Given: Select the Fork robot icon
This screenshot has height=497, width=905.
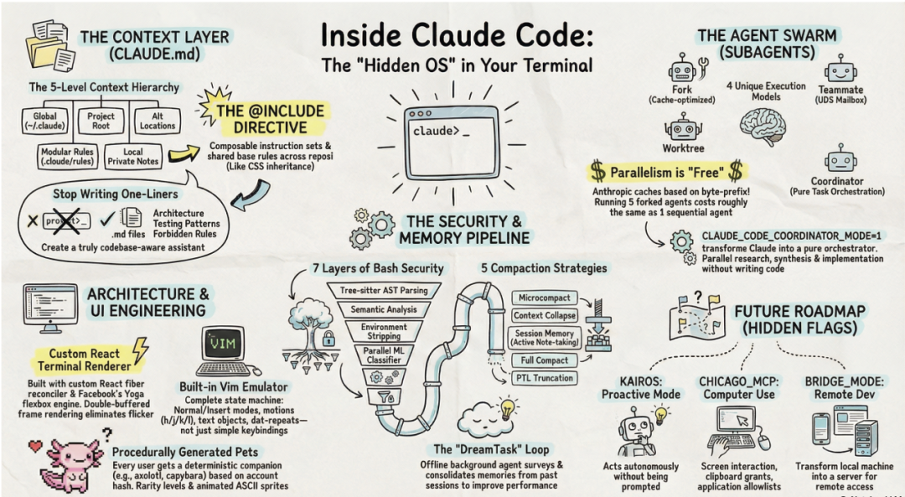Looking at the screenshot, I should pyautogui.click(x=681, y=66).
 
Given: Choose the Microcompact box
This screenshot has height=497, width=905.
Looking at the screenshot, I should pyautogui.click(x=544, y=298).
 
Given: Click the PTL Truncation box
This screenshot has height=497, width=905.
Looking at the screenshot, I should pyautogui.click(x=544, y=378).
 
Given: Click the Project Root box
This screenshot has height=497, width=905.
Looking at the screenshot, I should pyautogui.click(x=101, y=122).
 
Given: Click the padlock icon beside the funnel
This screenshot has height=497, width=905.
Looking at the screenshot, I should pyautogui.click(x=328, y=339).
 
